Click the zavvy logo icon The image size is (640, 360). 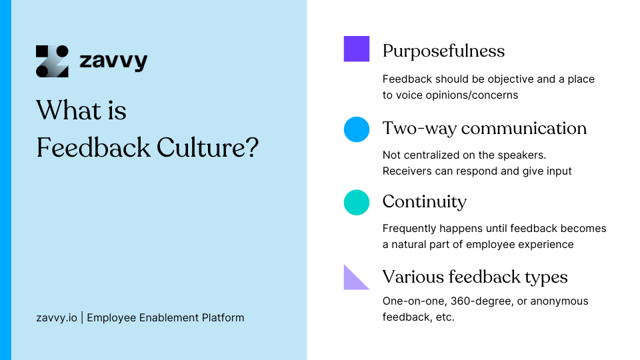[52, 61]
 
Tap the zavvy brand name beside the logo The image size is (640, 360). [113, 62]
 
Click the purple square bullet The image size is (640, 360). [357, 49]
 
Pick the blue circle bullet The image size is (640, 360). [357, 129]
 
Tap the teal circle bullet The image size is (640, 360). [357, 203]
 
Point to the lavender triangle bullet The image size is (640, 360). [354, 279]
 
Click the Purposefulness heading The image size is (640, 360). [443, 51]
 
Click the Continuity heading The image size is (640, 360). [424, 201]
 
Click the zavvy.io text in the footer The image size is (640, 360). [56, 317]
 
